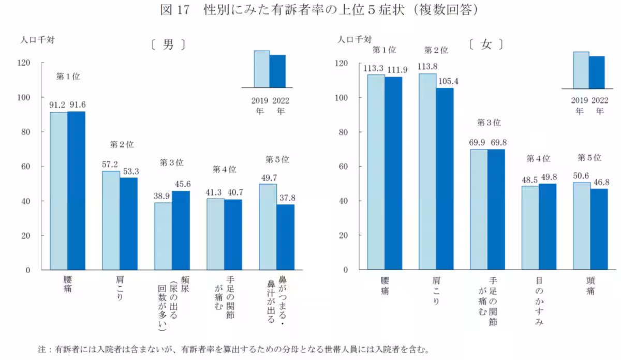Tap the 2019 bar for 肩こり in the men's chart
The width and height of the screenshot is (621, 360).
pyautogui.click(x=111, y=220)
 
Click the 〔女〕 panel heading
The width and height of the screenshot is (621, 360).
pyautogui.click(x=485, y=44)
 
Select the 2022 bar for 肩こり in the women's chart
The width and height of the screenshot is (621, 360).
pyautogui.click(x=445, y=178)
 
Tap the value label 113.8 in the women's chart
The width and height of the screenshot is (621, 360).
pyautogui.click(x=427, y=67)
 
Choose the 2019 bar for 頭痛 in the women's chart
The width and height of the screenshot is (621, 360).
pyautogui.click(x=582, y=226)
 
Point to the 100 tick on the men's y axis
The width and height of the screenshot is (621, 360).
pyautogui.click(x=38, y=97)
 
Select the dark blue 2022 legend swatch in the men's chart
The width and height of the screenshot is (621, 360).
pyautogui.click(x=277, y=71)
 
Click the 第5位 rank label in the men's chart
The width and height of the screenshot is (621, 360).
pyautogui.click(x=277, y=159)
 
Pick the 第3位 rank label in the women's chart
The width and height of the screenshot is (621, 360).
pyautogui.click(x=489, y=123)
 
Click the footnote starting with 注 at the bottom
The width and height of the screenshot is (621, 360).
pyautogui.click(x=233, y=349)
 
